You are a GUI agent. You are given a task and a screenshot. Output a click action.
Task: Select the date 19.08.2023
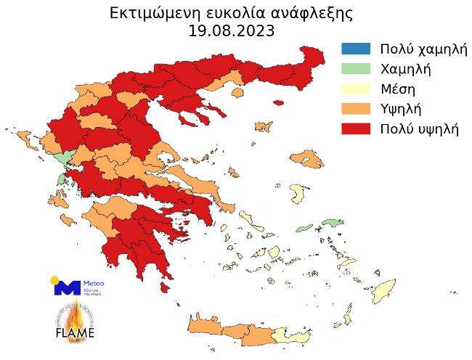pyautogui.click(x=232, y=31)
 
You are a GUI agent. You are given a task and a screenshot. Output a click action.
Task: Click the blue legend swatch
pyautogui.click(x=355, y=49)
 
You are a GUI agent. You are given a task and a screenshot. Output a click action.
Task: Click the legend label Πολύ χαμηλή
pyautogui.click(x=422, y=49)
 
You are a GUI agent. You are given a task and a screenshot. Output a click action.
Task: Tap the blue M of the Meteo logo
pyautogui.click(x=67, y=287)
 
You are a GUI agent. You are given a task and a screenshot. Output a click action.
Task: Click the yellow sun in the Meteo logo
pyautogui.click(x=55, y=280)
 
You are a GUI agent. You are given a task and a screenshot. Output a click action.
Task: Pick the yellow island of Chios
pyautogui.click(x=297, y=193)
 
